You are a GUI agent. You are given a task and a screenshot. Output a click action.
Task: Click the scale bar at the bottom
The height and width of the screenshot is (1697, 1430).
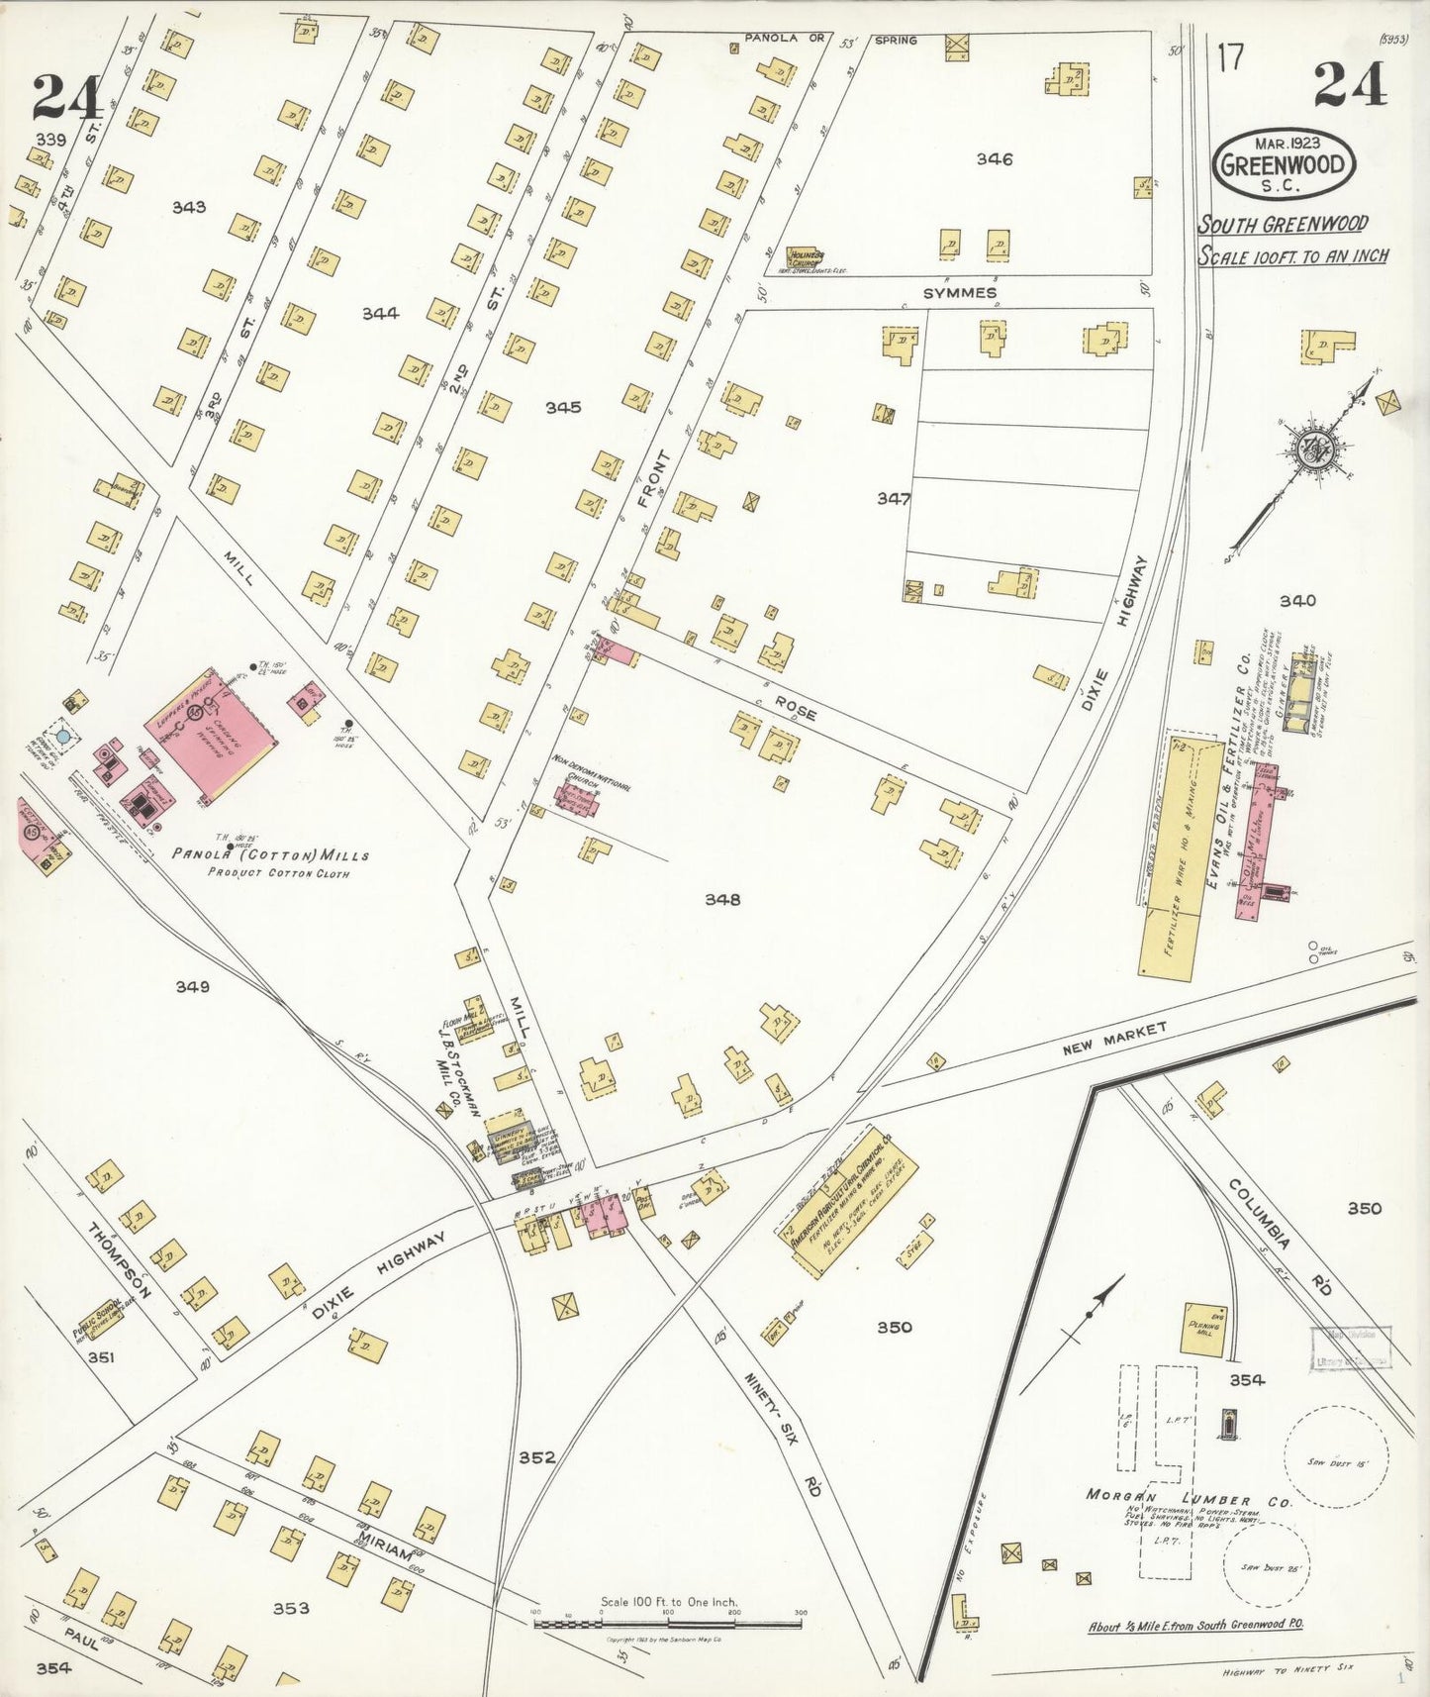668,1624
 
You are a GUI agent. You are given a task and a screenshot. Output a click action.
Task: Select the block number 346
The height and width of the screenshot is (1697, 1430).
994,158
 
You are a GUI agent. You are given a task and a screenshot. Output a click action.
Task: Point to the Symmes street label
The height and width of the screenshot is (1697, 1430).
959,293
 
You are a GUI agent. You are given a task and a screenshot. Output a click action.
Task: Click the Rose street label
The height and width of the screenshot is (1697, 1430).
796,706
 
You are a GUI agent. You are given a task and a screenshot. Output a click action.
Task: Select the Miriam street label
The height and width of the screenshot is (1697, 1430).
383,1550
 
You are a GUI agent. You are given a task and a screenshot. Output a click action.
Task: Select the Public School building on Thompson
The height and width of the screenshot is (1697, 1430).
103,1318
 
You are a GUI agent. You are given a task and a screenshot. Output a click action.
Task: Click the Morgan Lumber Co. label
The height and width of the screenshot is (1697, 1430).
1188,1499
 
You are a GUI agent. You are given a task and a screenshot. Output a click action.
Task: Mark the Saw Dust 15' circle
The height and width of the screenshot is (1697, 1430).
1336,1456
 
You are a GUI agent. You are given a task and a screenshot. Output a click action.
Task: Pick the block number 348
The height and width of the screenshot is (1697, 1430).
721,899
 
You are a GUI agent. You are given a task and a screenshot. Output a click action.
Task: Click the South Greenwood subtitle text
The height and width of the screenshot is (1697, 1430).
1282,225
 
